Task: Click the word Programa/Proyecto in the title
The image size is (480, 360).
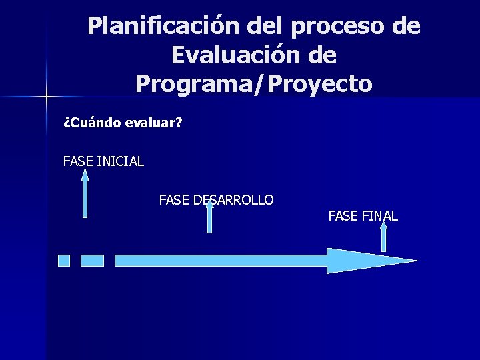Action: point(253,84)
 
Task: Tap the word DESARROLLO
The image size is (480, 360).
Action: point(233,200)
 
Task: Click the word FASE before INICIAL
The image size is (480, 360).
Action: point(78,161)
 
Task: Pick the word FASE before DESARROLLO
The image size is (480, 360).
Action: point(174,200)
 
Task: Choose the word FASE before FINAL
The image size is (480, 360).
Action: point(343,216)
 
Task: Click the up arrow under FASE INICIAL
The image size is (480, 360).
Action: point(85,193)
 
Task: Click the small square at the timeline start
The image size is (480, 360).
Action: point(64,261)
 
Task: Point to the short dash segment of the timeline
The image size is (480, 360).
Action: point(92,261)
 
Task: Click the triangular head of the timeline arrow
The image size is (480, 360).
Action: point(367,261)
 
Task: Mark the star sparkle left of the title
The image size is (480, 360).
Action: point(47,97)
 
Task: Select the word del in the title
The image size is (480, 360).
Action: point(265,27)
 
